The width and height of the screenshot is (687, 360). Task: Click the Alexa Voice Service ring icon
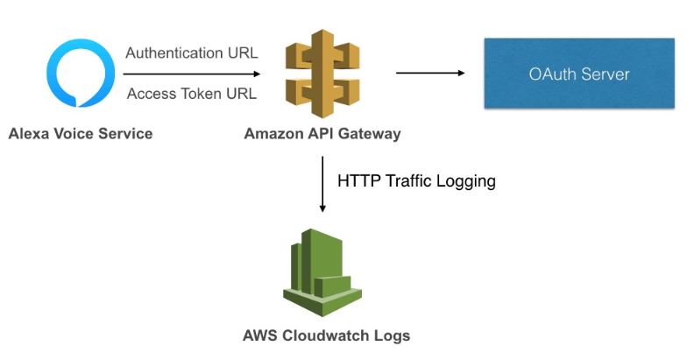tap(80, 74)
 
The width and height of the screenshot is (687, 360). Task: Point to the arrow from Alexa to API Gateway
tap(191, 74)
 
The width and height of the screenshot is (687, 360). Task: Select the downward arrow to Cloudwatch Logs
tap(322, 184)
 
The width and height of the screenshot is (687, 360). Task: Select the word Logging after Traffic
tap(467, 182)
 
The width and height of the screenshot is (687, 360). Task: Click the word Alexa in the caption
tap(29, 134)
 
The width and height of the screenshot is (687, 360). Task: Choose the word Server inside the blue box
tap(605, 74)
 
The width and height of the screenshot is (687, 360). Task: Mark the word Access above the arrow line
tap(150, 95)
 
